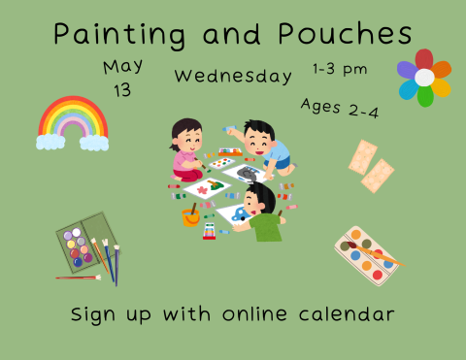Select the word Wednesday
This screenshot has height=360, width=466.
(233, 76)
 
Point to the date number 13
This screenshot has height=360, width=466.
(122, 90)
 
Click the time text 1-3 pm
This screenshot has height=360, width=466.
(340, 69)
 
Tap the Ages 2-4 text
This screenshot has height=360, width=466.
(339, 109)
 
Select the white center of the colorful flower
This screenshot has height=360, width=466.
(424, 77)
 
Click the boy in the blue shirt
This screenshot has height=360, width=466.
(263, 146)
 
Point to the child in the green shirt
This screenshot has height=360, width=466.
(260, 213)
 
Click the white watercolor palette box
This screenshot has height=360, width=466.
(366, 255)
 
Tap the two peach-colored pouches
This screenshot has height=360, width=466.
(370, 165)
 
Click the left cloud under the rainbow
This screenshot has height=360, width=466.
(50, 143)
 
